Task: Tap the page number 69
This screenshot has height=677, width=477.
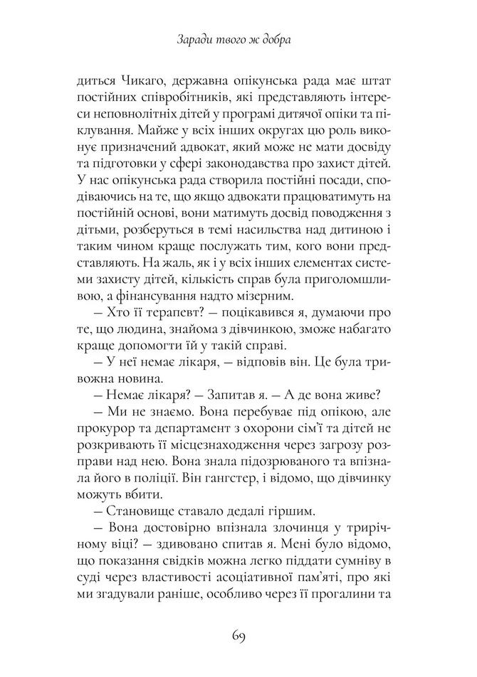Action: click(238, 635)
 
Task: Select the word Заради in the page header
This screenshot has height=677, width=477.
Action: click(193, 42)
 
